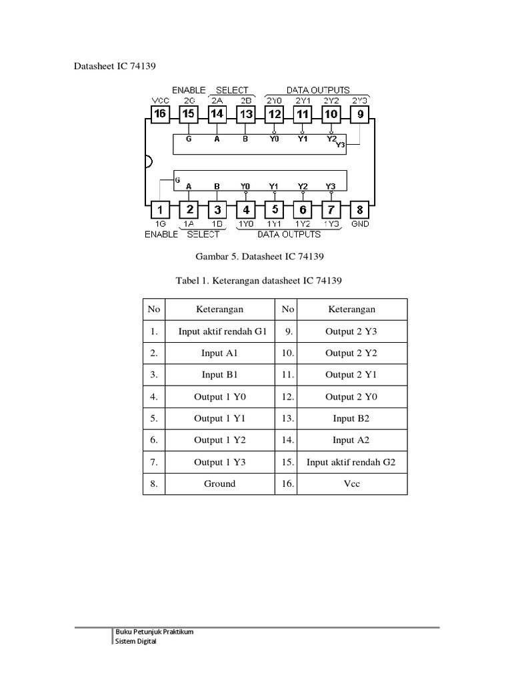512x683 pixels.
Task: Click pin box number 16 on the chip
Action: click(x=160, y=113)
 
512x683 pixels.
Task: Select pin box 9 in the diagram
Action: click(x=360, y=113)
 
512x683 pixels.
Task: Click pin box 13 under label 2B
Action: click(x=246, y=113)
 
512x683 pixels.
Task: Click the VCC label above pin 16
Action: click(x=160, y=100)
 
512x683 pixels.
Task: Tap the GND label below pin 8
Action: click(x=360, y=224)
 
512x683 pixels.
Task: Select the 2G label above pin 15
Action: click(x=189, y=100)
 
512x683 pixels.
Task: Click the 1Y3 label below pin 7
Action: click(x=331, y=224)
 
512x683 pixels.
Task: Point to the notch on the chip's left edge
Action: click(x=148, y=161)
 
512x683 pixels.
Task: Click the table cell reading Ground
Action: click(x=219, y=484)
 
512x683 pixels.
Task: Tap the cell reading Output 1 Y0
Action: click(x=219, y=397)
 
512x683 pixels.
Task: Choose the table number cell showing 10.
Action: click(x=288, y=353)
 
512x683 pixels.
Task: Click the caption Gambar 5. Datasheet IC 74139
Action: click(x=256, y=257)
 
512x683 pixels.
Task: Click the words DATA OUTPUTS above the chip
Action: click(x=317, y=90)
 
